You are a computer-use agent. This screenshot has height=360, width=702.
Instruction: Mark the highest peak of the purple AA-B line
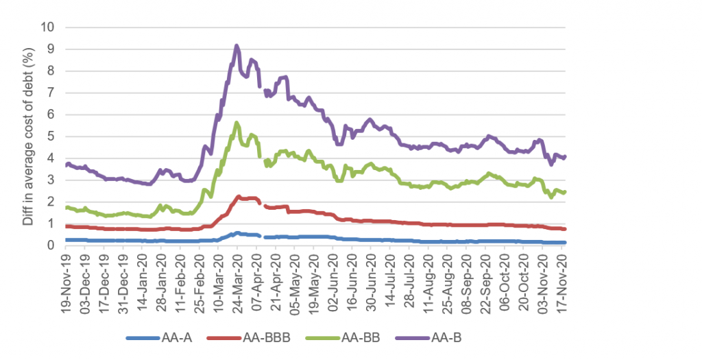point(237,46)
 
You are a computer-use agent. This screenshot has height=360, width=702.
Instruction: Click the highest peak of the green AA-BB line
point(237,123)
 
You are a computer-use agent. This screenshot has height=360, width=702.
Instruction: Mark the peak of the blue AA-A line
point(237,232)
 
